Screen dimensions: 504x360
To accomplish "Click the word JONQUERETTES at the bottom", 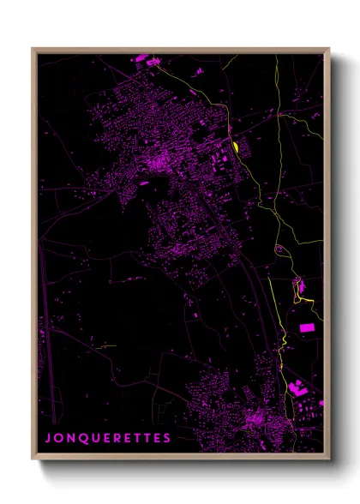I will point(108,438).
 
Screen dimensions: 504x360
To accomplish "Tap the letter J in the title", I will point(48,438).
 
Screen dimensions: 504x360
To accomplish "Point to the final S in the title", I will point(167,438).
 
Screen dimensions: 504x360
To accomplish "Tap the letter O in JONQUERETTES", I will point(59,438).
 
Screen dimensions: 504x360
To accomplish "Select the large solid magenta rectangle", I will point(306,327).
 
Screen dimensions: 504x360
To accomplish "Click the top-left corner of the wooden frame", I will point(33,49).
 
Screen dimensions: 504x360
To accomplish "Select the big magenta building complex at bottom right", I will point(299,388).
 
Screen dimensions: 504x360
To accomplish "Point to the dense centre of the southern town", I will point(255,421).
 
